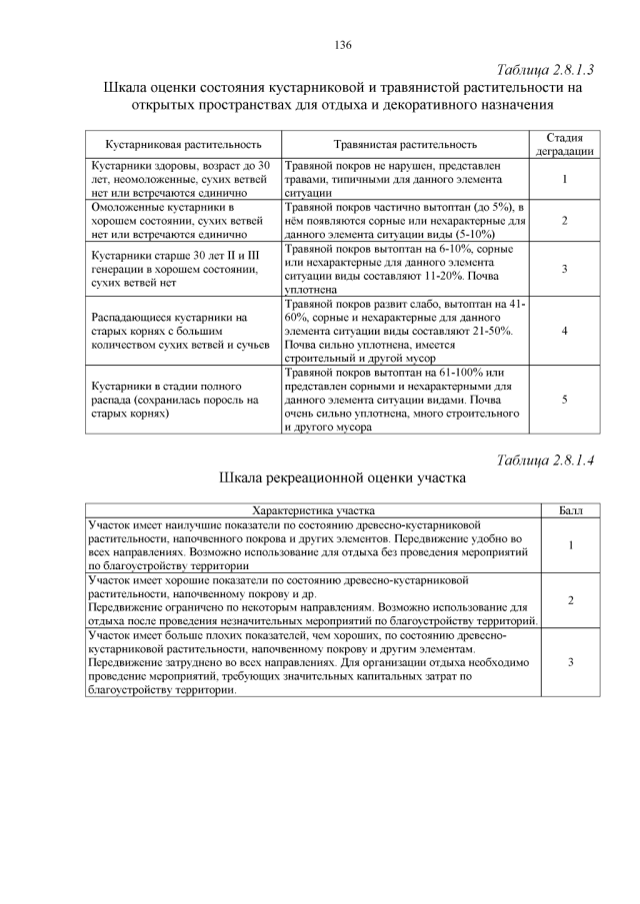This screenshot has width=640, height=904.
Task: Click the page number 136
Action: [343, 45]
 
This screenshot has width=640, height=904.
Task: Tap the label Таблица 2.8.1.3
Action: [545, 71]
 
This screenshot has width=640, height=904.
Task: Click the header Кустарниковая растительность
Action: [177, 145]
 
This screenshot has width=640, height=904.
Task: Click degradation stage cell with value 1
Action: [565, 179]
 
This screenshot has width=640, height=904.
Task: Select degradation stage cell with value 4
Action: [565, 330]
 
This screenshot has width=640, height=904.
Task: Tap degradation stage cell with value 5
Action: [565, 399]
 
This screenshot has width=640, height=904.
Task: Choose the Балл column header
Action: [569, 509]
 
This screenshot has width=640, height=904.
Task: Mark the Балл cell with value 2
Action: [569, 599]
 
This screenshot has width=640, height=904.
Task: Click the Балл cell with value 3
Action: [569, 661]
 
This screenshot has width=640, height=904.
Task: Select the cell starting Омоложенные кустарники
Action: [170, 219]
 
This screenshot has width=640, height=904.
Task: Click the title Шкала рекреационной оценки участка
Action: [343, 479]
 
